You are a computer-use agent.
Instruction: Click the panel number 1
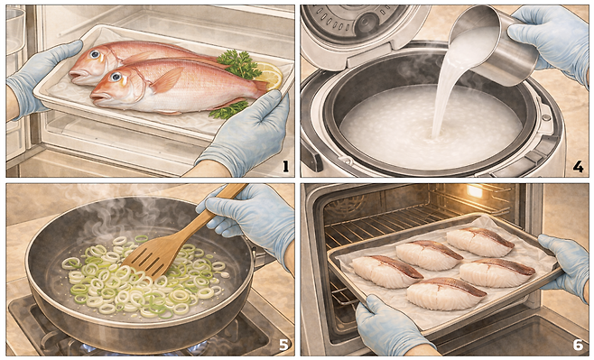click(285, 167)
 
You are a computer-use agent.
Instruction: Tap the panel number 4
click(578, 167)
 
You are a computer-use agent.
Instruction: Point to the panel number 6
click(578, 345)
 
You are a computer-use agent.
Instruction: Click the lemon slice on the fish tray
click(270, 75)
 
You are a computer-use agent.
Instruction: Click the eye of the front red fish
click(116, 78)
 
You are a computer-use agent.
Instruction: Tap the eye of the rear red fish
click(95, 54)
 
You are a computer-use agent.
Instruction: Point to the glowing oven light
click(475, 190)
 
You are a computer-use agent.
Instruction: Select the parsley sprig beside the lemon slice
click(239, 63)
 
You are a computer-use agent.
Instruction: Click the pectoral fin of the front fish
click(167, 80)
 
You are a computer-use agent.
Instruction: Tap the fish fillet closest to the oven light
click(480, 243)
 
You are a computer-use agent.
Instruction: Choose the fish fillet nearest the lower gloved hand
click(446, 293)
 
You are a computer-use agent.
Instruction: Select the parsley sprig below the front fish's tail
click(228, 109)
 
